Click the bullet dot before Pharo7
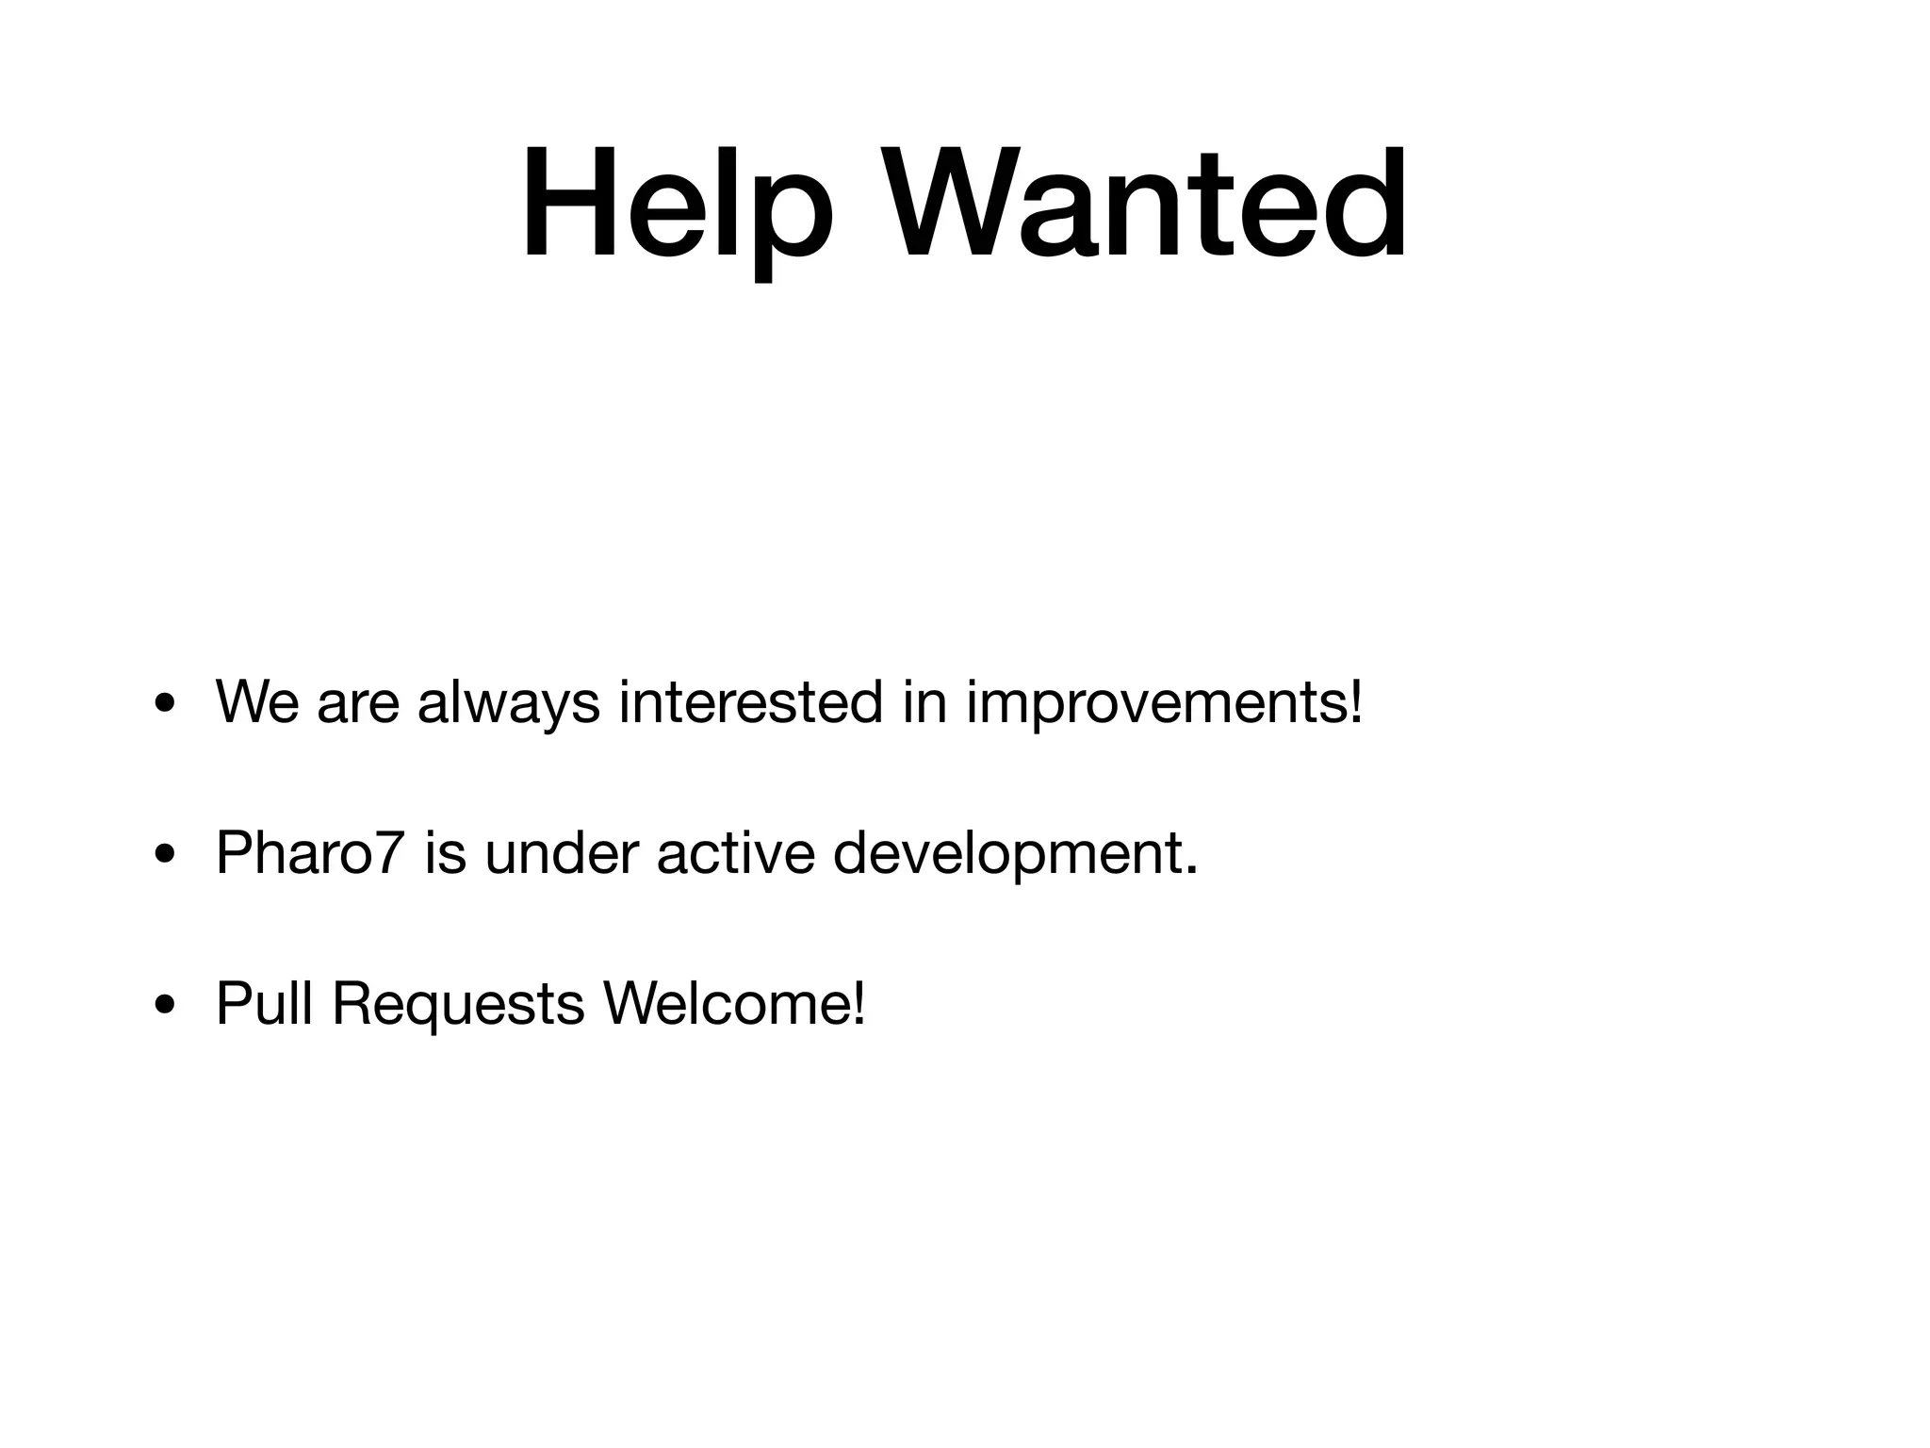pyautogui.click(x=166, y=853)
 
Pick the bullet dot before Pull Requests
pyautogui.click(x=166, y=1004)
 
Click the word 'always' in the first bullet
pyautogui.click(x=508, y=702)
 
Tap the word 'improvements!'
pyautogui.click(x=1164, y=702)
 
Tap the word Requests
pyautogui.click(x=458, y=1004)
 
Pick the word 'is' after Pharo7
pyautogui.click(x=445, y=853)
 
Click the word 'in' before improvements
pyautogui.click(x=924, y=702)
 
